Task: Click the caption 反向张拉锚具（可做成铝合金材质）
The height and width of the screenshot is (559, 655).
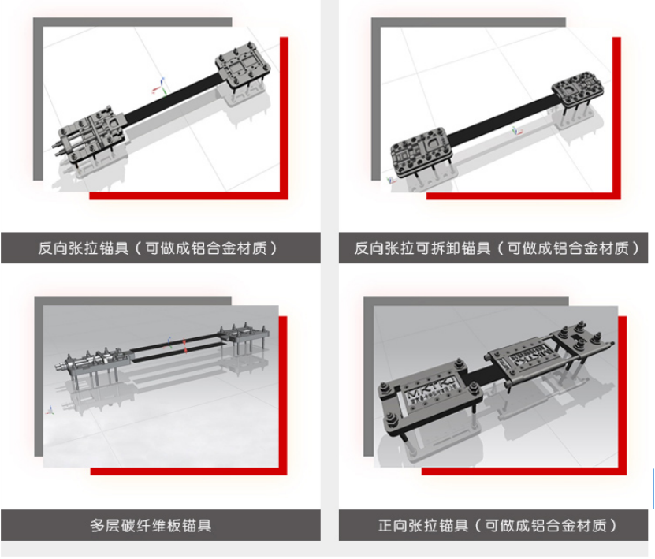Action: (158, 248)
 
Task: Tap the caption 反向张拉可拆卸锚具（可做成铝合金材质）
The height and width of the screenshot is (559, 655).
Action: (497, 248)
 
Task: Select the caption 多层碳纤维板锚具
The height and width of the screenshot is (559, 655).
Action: (151, 525)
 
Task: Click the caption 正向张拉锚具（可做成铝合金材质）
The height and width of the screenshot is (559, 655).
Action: (497, 525)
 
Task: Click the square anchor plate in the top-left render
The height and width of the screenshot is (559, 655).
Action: (243, 68)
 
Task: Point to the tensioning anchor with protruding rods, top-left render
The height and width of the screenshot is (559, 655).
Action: (90, 134)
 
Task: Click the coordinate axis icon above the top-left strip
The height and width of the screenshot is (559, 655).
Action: (160, 86)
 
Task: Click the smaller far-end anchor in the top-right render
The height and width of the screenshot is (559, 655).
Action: (578, 89)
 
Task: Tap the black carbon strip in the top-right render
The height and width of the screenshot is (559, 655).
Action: (501, 121)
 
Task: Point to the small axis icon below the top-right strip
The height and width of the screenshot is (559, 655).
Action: (517, 131)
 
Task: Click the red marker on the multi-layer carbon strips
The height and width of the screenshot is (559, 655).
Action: (185, 345)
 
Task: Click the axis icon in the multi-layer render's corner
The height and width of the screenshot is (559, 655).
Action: (50, 410)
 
